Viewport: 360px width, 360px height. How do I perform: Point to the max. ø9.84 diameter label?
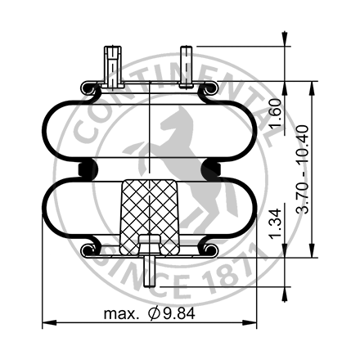click(151, 313)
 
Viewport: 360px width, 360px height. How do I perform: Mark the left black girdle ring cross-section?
click(86, 169)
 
